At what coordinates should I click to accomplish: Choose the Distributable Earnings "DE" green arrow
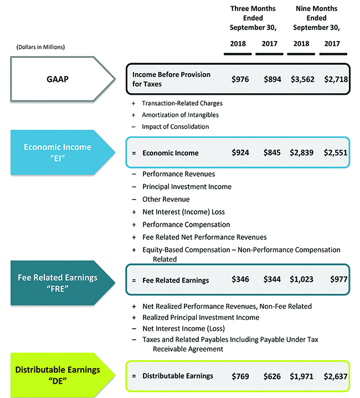pos(57,374)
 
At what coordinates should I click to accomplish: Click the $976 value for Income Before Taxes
pos(240,79)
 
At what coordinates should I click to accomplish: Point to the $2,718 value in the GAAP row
pos(335,79)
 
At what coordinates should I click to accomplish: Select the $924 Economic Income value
pos(240,152)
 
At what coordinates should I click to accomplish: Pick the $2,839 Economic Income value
pos(302,152)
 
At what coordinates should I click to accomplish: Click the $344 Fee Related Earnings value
pos(271,280)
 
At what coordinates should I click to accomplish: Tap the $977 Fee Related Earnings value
pos(338,280)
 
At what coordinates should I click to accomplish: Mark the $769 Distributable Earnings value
pos(240,376)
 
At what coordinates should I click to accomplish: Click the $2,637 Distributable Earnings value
pos(335,376)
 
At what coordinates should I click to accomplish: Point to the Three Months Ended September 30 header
pos(253,18)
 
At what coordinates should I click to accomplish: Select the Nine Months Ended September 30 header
pos(316,18)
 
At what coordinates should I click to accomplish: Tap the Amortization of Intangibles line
pos(180,115)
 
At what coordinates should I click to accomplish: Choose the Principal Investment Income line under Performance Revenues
pos(187,187)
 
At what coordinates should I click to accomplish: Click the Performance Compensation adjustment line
pos(186,224)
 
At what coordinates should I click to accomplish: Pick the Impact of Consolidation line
pos(175,126)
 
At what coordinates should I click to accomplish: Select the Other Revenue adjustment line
pos(166,199)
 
